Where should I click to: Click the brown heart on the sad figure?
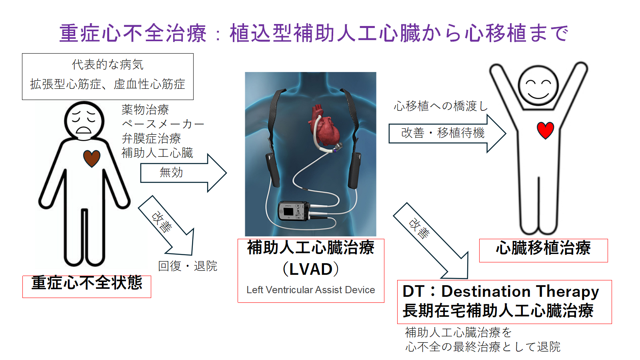pyautogui.click(x=92, y=158)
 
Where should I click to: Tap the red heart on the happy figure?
pyautogui.click(x=545, y=130)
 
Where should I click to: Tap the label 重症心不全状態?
pyautogui.click(x=87, y=283)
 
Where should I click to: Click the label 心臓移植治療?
pyautogui.click(x=543, y=248)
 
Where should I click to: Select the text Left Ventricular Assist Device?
pyautogui.click(x=311, y=290)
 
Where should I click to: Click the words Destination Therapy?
pyautogui.click(x=520, y=292)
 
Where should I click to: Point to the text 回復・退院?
pyautogui.click(x=188, y=266)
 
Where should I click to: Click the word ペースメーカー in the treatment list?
pyautogui.click(x=163, y=124)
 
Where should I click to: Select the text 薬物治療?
pyautogui.click(x=145, y=110)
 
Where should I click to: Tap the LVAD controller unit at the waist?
pyautogui.click(x=293, y=211)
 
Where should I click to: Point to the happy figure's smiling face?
pyautogui.click(x=538, y=86)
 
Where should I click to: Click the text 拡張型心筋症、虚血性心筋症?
pyautogui.click(x=108, y=84)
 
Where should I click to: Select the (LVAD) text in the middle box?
pyautogui.click(x=311, y=269)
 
